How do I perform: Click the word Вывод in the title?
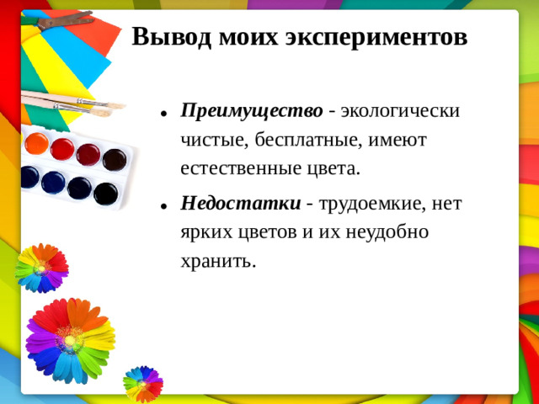[x=173, y=38]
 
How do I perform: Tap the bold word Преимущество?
[x=252, y=111]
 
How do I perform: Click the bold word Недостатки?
[x=241, y=203]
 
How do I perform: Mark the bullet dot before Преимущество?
[x=162, y=113]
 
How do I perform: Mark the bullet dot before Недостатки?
[x=162, y=205]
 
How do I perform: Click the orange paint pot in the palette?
[x=36, y=143]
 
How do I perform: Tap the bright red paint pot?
[x=62, y=149]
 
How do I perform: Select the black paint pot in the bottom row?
[x=105, y=194]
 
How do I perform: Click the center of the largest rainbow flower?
[x=70, y=340]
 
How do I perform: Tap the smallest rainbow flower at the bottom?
[x=142, y=382]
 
